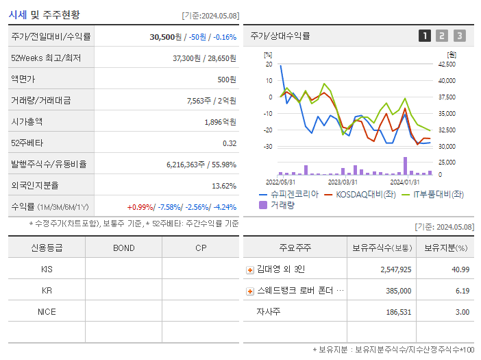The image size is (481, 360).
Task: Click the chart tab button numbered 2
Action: pyautogui.click(x=442, y=36)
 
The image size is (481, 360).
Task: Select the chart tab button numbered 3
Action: pyautogui.click(x=459, y=36)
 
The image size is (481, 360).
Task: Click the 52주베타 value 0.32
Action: pyautogui.click(x=229, y=143)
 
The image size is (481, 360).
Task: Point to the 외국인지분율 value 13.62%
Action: pyautogui.click(x=224, y=186)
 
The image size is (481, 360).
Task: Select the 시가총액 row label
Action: pyautogui.click(x=27, y=122)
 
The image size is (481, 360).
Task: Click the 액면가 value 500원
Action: pyautogui.click(x=227, y=80)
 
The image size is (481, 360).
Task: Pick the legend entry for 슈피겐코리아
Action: pyautogui.click(x=289, y=195)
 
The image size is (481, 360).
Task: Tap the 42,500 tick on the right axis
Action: pyautogui.click(x=446, y=64)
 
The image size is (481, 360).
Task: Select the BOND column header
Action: pyautogui.click(x=123, y=248)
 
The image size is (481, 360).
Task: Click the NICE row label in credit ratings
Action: pyautogui.click(x=47, y=312)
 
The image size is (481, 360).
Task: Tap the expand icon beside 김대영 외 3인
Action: pyautogui.click(x=250, y=270)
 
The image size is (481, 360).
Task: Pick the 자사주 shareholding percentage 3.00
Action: pyautogui.click(x=463, y=312)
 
